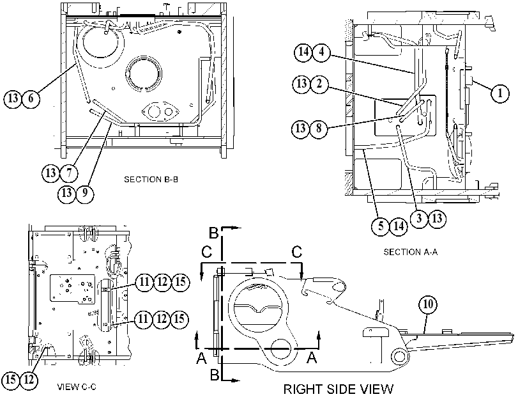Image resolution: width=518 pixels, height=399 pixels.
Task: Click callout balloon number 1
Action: [x=500, y=93]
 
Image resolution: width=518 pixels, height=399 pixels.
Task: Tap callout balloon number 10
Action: [x=428, y=304]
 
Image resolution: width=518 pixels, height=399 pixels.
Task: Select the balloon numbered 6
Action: [x=31, y=98]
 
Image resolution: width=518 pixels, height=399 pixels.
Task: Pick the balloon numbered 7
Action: [x=69, y=173]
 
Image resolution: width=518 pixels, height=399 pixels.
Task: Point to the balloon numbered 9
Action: [x=85, y=192]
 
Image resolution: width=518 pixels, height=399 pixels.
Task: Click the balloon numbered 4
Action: [x=321, y=52]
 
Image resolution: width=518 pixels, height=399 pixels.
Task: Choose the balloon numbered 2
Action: [x=319, y=84]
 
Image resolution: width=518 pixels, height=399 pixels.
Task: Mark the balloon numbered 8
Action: [x=319, y=128]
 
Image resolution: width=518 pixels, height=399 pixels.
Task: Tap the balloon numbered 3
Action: [x=419, y=218]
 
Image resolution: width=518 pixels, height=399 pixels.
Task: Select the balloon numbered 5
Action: [x=381, y=226]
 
